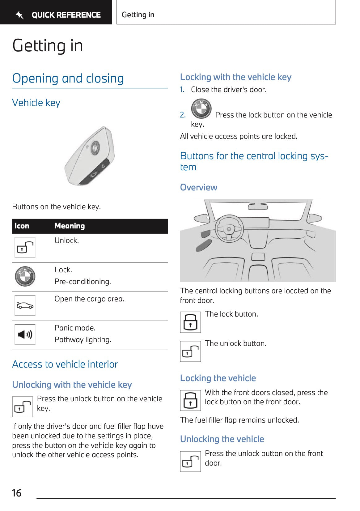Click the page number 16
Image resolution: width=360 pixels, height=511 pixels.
point(17,493)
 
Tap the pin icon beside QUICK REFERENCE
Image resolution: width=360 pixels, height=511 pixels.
point(20,15)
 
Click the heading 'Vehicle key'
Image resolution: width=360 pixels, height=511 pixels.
point(36,103)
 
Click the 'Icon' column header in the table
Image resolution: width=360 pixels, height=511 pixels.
point(22,226)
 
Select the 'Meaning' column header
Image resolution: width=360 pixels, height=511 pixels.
point(70,226)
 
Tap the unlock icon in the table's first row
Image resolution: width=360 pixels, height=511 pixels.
point(25,247)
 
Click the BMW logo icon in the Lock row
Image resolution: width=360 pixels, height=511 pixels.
point(25,276)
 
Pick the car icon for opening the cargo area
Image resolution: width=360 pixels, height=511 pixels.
point(25,305)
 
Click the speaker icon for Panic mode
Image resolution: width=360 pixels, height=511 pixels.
point(25,334)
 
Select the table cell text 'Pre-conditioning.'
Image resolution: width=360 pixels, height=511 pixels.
point(83,282)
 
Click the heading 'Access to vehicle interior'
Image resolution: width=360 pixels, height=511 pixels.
point(65,364)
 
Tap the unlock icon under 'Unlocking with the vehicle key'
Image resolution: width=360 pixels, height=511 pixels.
point(23,407)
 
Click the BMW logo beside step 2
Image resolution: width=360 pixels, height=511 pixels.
point(201,109)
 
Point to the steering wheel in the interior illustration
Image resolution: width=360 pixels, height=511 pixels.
point(229,229)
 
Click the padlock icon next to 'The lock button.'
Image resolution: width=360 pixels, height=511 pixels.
point(190,322)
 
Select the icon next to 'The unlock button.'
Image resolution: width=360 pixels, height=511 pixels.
point(190,351)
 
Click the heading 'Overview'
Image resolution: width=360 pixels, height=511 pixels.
point(199,187)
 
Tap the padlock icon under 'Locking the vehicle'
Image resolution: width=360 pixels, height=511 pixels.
point(190,400)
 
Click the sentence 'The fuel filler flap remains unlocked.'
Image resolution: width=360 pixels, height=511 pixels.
point(239,420)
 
